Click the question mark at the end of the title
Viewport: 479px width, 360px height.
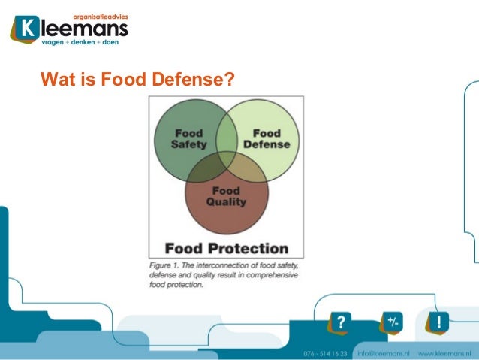229,79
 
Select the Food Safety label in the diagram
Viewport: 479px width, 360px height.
188,139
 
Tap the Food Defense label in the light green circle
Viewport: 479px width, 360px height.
267,139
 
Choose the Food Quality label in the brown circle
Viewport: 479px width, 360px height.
226,196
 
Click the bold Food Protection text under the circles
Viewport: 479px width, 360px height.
226,247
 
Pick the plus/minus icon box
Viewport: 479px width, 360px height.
392,322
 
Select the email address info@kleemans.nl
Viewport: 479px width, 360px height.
384,352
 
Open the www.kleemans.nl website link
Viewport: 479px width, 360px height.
446,352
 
